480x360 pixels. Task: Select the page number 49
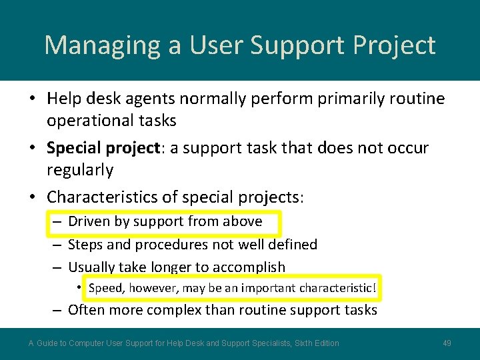[x=447, y=343]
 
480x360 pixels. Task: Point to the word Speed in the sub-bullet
[x=106, y=288]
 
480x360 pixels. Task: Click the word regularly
[x=80, y=170]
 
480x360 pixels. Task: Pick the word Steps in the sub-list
[x=84, y=245]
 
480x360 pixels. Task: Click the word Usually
[x=91, y=267]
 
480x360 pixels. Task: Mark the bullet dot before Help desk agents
[x=32, y=99]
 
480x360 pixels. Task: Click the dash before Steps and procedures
[x=57, y=245]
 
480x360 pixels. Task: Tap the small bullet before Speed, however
[x=79, y=287]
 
